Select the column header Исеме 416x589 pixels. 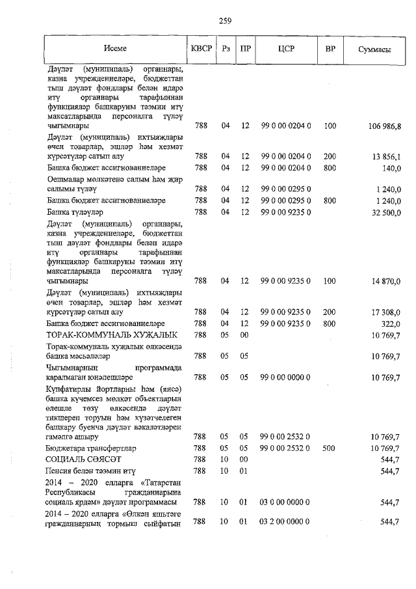(114, 49)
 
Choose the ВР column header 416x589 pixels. (330, 49)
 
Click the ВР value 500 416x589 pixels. (330, 448)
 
